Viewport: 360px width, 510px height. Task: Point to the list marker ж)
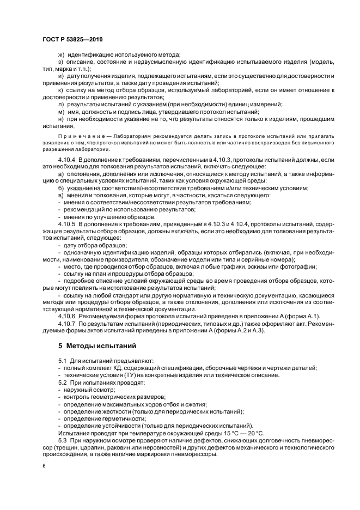click(x=62, y=54)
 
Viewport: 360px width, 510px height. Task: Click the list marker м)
click(x=62, y=112)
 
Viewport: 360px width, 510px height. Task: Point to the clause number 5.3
click(x=62, y=439)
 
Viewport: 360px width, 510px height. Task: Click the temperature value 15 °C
click(x=216, y=432)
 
